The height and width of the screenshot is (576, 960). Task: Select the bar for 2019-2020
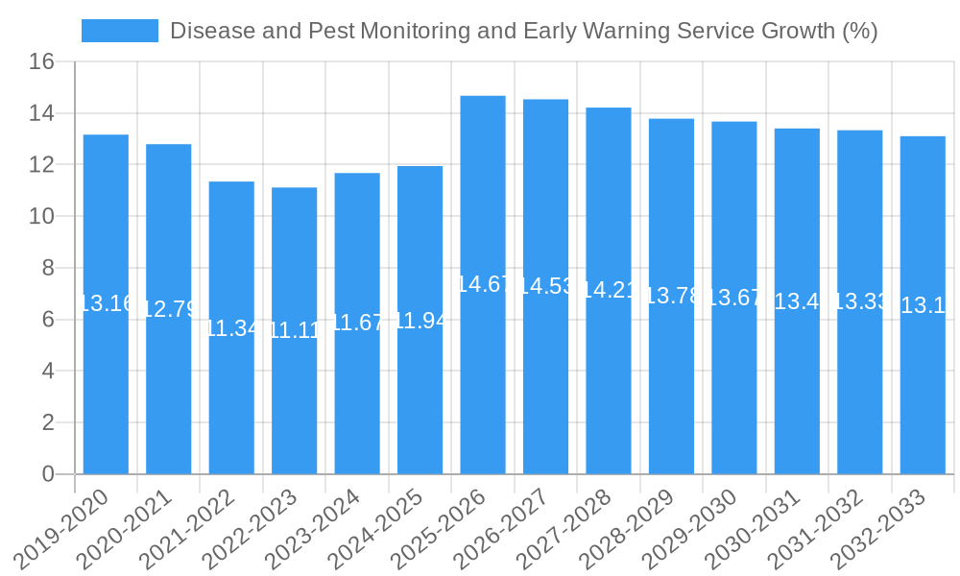tap(106, 384)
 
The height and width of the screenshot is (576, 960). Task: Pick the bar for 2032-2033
tap(923, 394)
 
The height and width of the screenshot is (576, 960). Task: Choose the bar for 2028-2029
tap(671, 384)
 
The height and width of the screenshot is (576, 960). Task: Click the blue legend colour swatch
tap(120, 31)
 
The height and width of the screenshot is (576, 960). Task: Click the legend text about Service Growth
tap(523, 31)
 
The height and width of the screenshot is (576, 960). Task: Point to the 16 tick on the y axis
tap(41, 62)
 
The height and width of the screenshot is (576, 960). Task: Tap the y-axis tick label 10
tap(41, 217)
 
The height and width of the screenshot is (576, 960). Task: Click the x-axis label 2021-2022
tap(187, 530)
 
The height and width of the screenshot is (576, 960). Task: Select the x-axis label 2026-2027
tap(501, 530)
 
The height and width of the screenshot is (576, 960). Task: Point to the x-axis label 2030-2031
tap(753, 530)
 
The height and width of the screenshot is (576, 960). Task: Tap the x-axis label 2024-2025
tap(375, 530)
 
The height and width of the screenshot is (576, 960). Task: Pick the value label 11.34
tap(231, 328)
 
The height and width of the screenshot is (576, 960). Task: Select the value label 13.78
tap(671, 296)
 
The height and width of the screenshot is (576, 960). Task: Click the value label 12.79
tap(169, 309)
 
